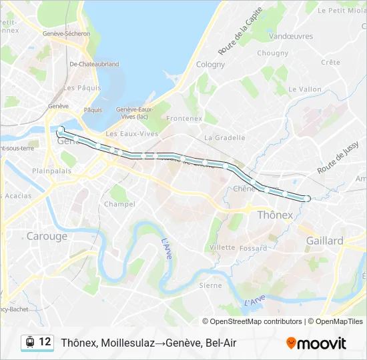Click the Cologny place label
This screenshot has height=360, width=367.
211,65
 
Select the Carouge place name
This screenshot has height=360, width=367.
47,236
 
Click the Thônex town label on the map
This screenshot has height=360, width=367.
275,215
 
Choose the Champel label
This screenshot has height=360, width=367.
119,204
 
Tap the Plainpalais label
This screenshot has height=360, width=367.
51,171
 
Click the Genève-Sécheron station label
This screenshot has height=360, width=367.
65,34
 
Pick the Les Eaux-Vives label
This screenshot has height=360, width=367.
132,133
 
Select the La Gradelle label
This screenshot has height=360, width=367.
225,138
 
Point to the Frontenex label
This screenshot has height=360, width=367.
184,119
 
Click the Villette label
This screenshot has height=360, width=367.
222,247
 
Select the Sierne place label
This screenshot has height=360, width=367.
210,285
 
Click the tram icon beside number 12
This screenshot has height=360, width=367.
29,343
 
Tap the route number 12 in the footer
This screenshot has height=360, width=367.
45,342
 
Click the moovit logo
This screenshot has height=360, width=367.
316,343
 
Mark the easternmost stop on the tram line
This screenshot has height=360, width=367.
307,198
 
